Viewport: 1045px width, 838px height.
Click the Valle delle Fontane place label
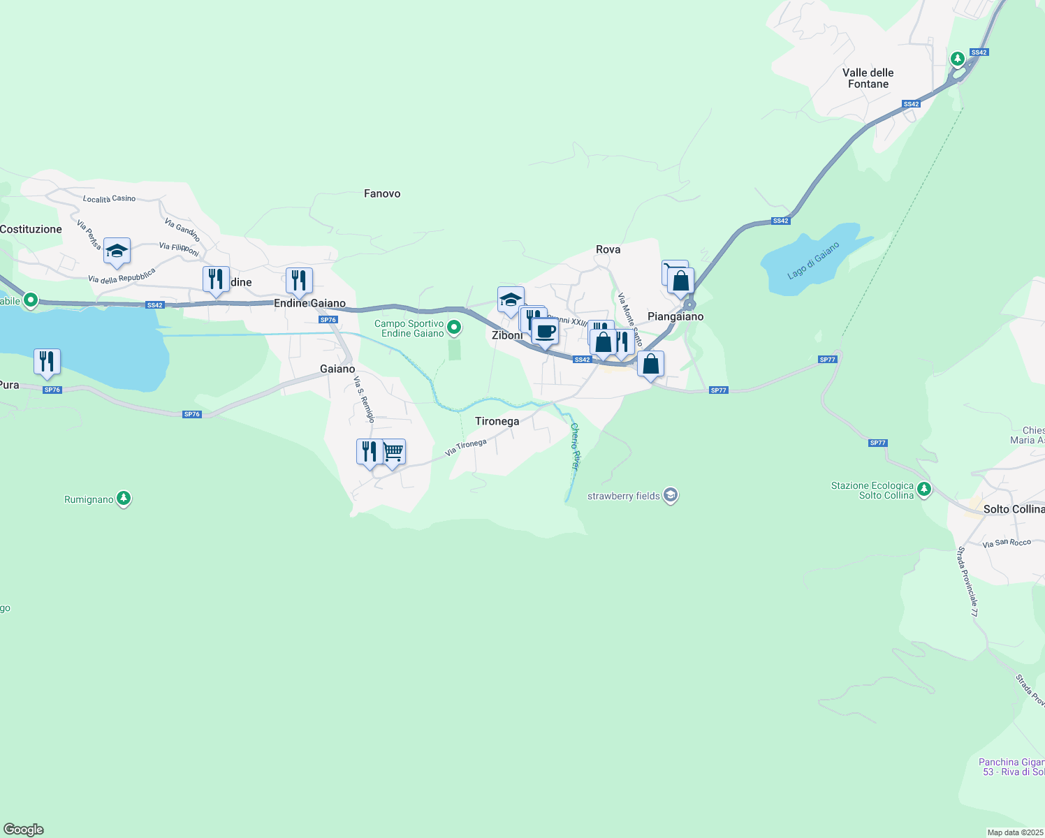click(x=868, y=78)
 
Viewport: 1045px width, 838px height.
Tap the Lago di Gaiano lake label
click(x=813, y=260)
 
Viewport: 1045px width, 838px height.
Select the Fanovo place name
click(x=382, y=193)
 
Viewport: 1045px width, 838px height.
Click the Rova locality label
click(x=608, y=249)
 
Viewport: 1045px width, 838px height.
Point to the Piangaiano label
click(x=675, y=316)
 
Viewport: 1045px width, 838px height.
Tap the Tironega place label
click(x=497, y=421)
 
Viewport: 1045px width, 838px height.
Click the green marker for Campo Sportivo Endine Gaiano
click(x=454, y=327)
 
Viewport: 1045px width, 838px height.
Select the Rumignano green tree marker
click(x=124, y=499)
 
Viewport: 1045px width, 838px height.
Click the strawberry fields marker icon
click(x=671, y=495)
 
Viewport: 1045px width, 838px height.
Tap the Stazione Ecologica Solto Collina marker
click(x=924, y=489)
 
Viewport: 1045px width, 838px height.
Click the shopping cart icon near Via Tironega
click(x=393, y=452)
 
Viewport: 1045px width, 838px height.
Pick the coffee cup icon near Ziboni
click(x=546, y=331)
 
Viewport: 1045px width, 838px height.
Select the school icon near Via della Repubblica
click(x=117, y=251)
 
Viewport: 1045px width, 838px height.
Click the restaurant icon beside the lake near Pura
click(x=47, y=362)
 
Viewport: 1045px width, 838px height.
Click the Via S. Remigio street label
click(x=364, y=399)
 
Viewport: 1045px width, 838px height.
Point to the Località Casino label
click(x=109, y=199)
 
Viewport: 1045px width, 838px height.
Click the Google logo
click(x=24, y=830)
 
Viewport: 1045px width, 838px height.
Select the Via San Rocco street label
click(x=1007, y=543)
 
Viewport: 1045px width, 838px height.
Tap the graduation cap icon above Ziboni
click(x=511, y=300)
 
